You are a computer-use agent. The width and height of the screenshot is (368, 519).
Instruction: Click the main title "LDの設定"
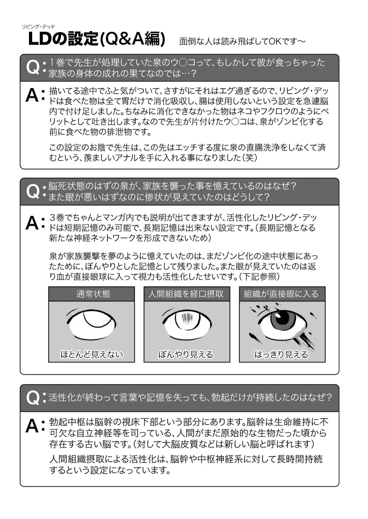point(63,40)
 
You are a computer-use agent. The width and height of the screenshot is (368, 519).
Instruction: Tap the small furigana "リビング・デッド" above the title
point(38,27)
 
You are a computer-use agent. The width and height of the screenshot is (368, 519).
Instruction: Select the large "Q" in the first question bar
point(33,67)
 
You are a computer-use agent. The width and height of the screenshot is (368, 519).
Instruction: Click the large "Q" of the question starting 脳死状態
point(33,191)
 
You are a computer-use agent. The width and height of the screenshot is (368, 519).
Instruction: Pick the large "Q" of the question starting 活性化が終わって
point(33,397)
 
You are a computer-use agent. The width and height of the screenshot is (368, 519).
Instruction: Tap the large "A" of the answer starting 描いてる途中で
point(33,95)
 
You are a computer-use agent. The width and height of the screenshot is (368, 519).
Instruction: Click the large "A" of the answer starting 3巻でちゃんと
point(33,223)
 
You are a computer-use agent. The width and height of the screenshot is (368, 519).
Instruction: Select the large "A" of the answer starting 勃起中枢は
point(33,426)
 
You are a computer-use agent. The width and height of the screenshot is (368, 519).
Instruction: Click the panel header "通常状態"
point(92,294)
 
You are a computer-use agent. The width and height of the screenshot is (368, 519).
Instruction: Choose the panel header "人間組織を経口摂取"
point(187,294)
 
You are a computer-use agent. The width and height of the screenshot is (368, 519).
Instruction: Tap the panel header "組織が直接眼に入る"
point(282,294)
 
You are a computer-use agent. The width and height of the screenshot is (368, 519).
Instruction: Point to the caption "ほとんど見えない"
point(92,354)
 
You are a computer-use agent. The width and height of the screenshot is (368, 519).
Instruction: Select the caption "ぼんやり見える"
point(186,354)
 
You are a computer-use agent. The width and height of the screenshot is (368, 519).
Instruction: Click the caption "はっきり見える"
point(281,354)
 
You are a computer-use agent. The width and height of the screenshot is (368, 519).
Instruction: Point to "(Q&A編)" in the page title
point(133,40)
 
